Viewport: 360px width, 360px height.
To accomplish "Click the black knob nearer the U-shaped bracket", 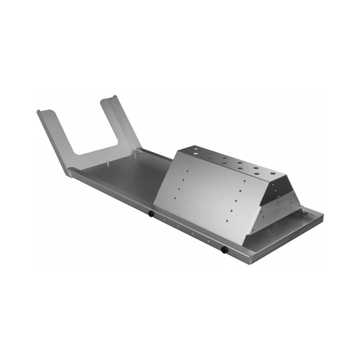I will pyautogui.click(x=150, y=214).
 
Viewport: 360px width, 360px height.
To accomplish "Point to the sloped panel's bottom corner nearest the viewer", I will pyautogui.click(x=248, y=237).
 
